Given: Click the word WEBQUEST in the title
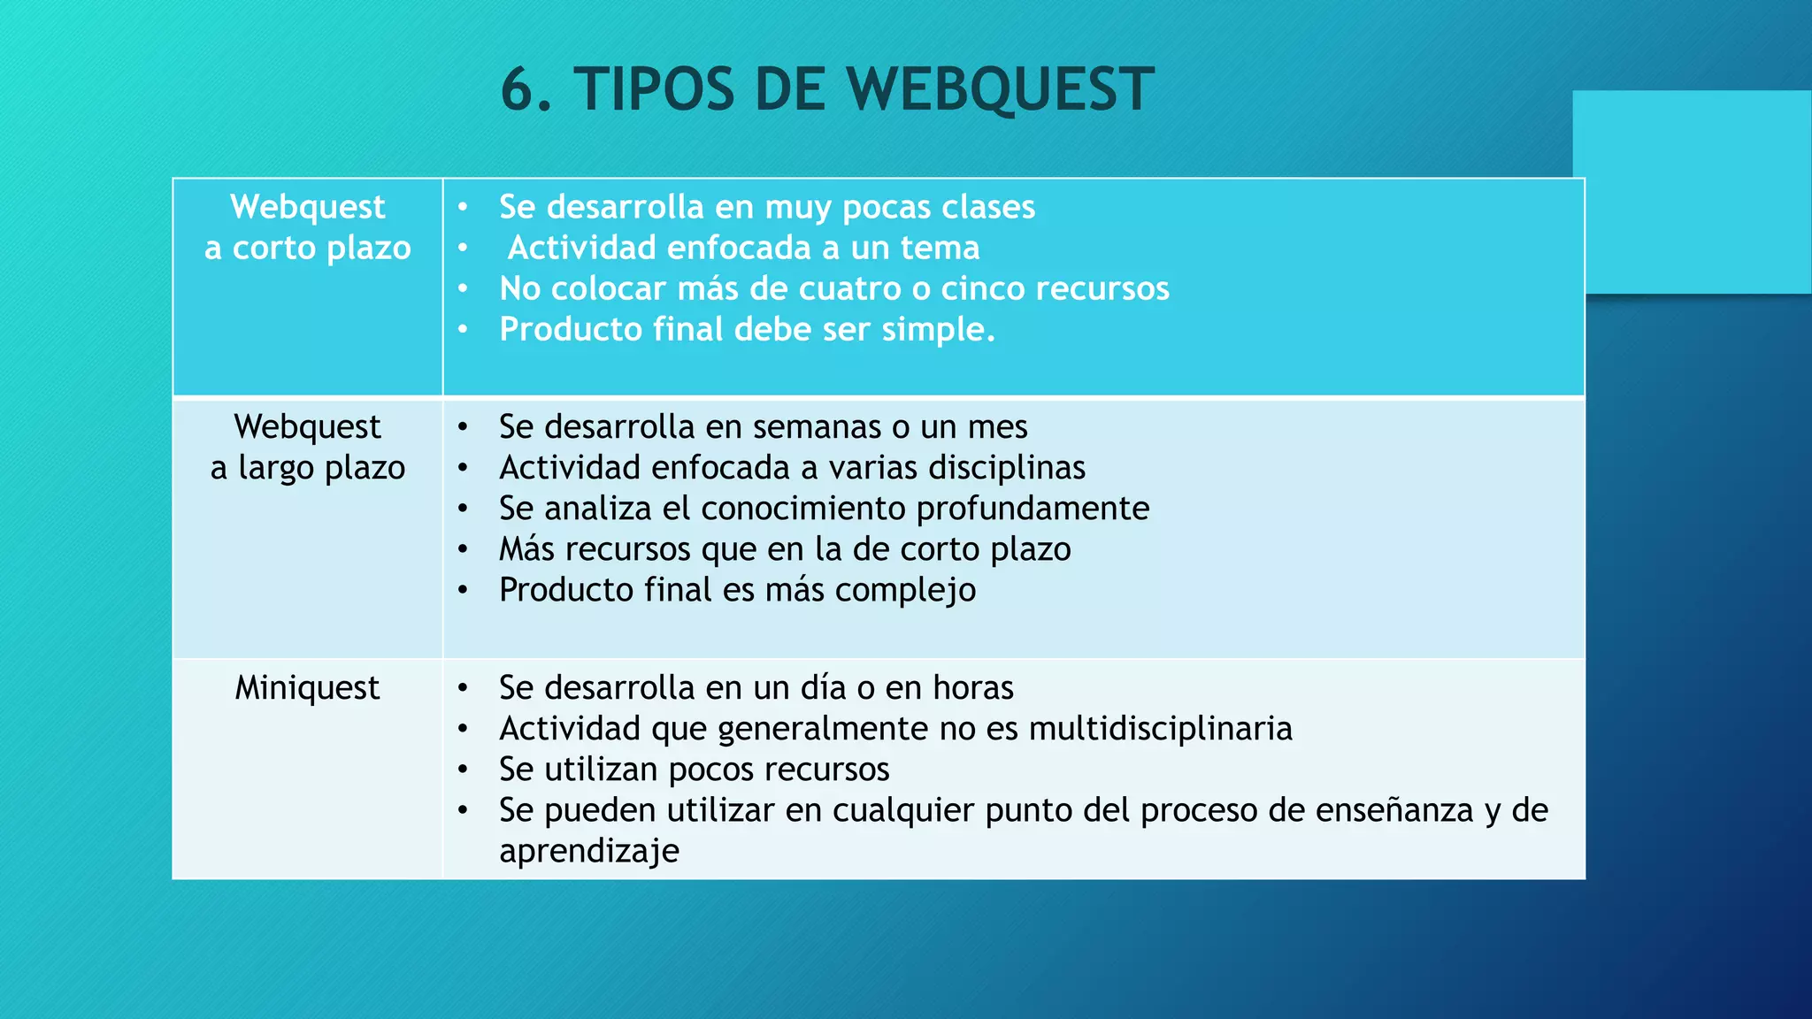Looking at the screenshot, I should pyautogui.click(x=1000, y=89).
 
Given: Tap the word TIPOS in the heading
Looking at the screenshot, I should pyautogui.click(x=654, y=89).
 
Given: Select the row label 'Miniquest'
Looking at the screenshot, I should pyautogui.click(x=307, y=688).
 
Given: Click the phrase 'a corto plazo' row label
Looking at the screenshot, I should pyautogui.click(x=307, y=249).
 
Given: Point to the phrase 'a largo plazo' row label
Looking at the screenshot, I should pyautogui.click(x=307, y=468).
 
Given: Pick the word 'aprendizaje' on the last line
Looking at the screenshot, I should pyautogui.click(x=589, y=851).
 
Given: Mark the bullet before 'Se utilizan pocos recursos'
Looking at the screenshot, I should pyautogui.click(x=463, y=770).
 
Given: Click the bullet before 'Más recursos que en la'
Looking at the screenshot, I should pyautogui.click(x=463, y=550).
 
